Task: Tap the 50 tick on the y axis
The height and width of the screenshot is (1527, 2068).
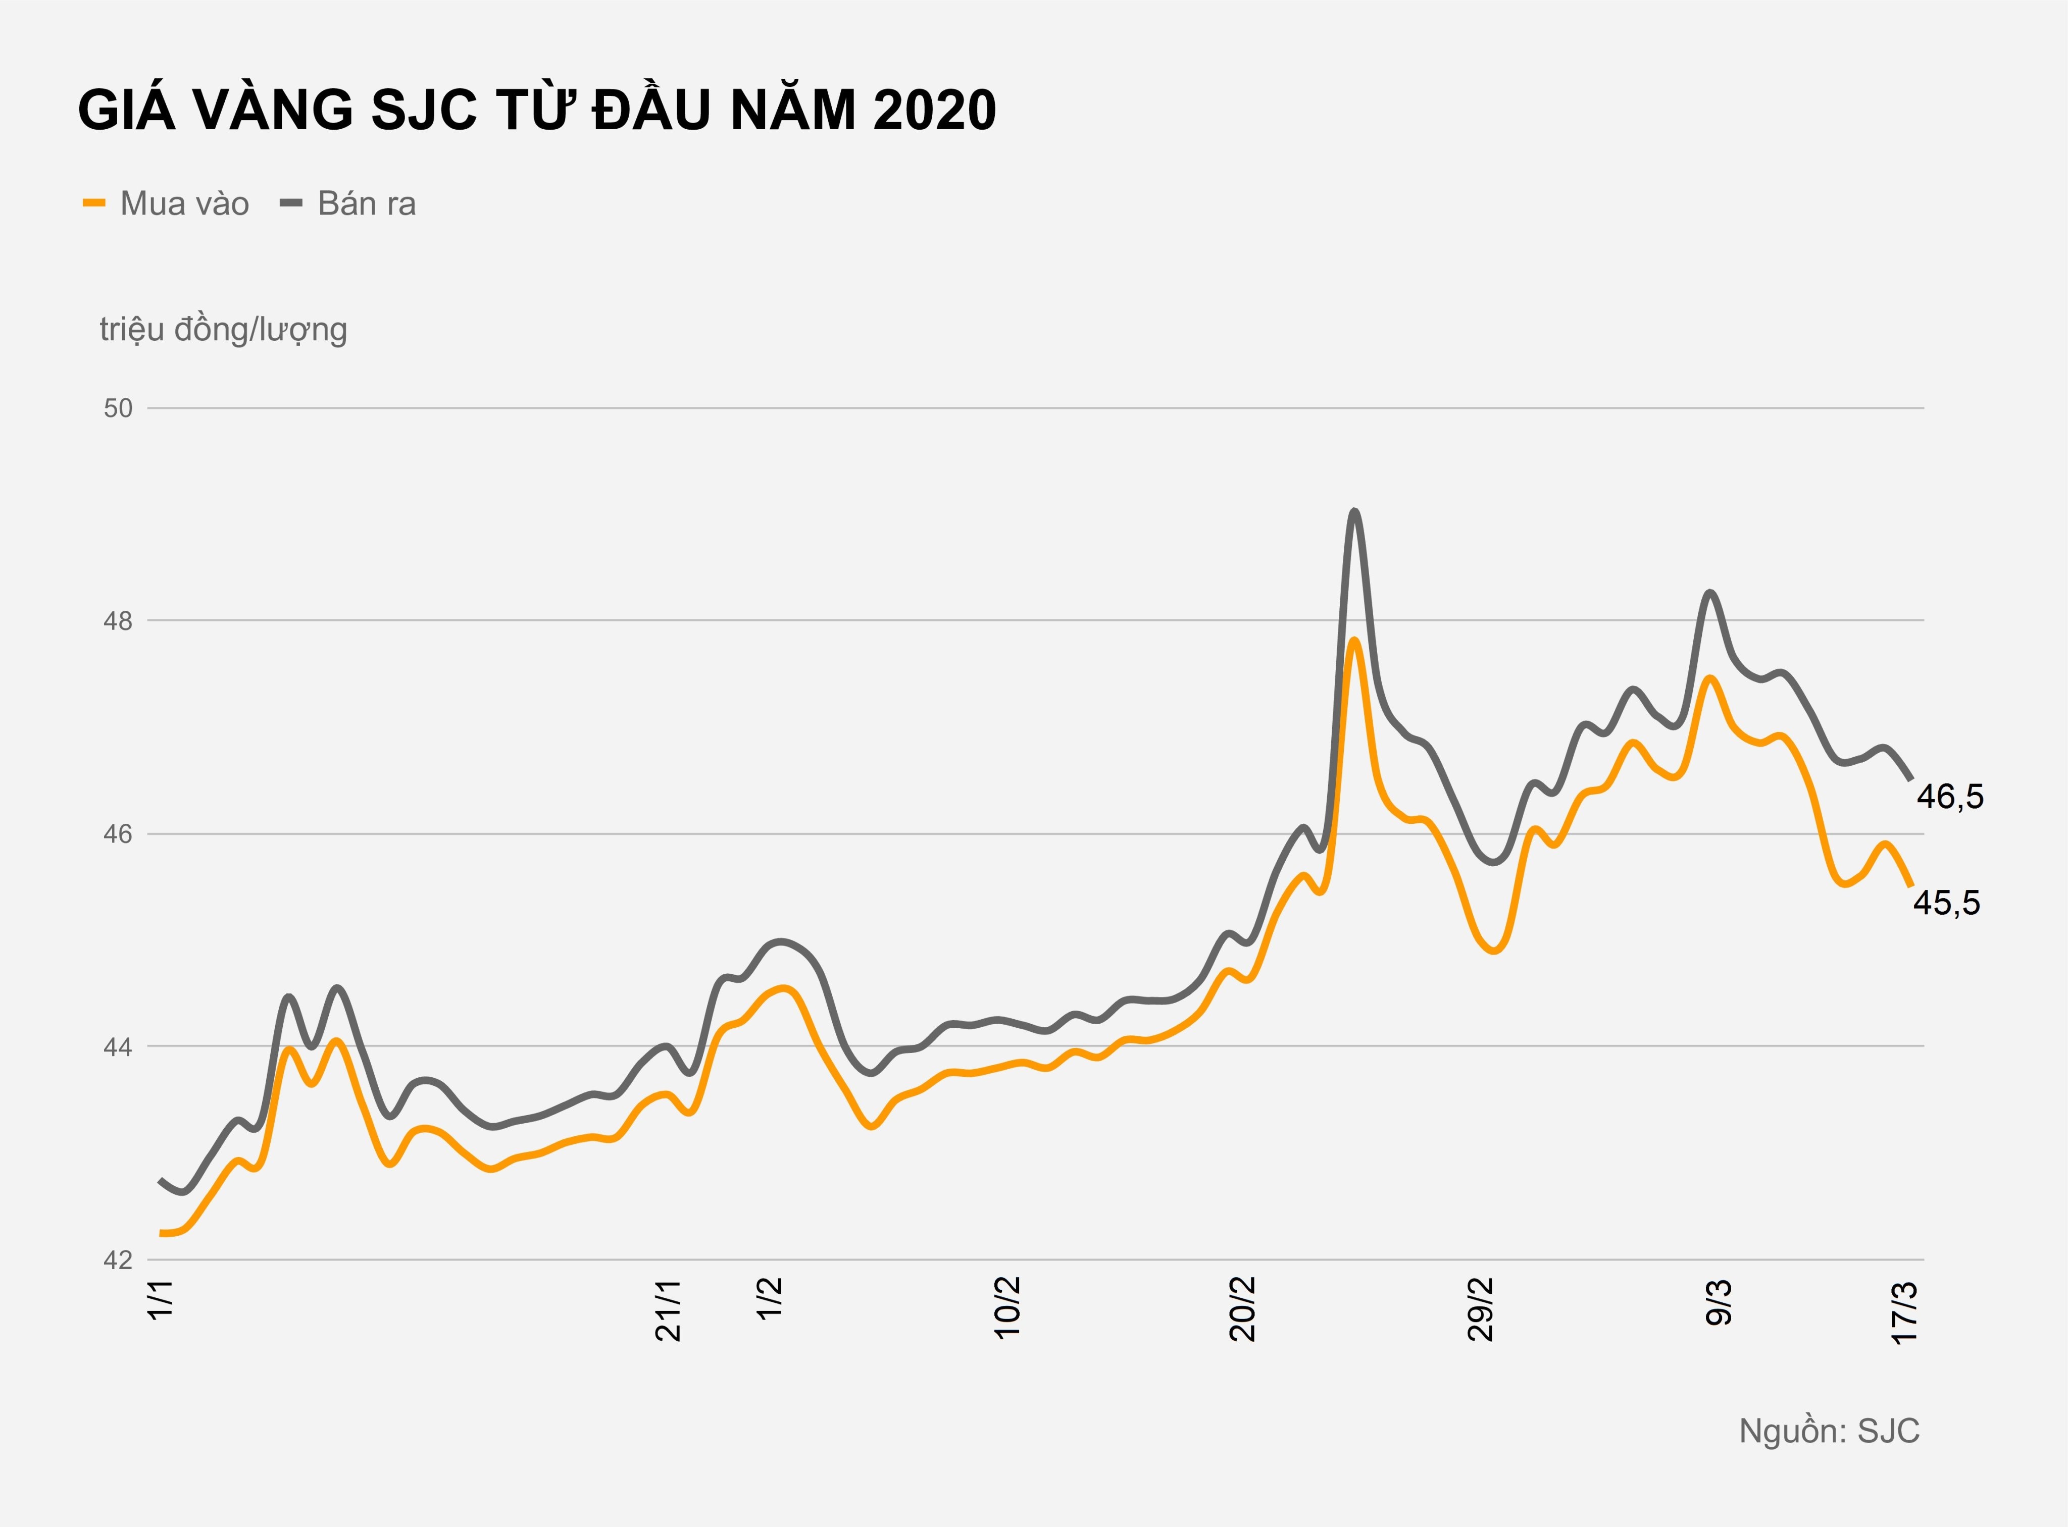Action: coord(118,408)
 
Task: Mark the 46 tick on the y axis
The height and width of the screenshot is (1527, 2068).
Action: coord(118,834)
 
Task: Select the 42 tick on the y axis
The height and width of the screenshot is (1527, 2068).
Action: coord(118,1260)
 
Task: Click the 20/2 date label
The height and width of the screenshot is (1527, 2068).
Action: coord(1242,1309)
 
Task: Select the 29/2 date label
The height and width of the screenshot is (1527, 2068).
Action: coord(1480,1309)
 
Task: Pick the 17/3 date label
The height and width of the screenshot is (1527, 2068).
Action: coord(1904,1311)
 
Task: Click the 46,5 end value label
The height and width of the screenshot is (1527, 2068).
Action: coord(1950,796)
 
